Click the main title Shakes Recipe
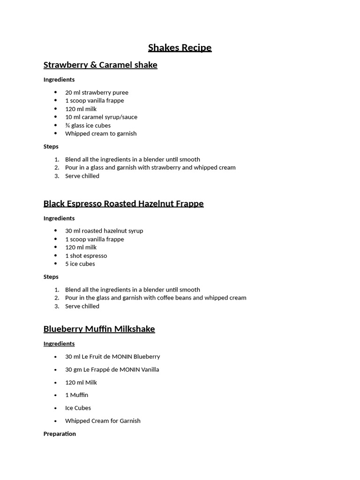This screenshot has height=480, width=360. click(x=180, y=48)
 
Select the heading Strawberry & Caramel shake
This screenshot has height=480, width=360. click(x=100, y=65)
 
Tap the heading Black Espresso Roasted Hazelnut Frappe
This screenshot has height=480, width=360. click(x=123, y=204)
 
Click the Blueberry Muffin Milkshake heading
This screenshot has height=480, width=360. click(x=99, y=329)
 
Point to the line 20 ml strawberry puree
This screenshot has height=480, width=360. click(x=97, y=93)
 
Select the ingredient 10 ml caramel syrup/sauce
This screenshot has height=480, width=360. click(x=101, y=117)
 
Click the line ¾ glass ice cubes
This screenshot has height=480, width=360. click(x=88, y=126)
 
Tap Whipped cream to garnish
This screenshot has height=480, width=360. click(x=101, y=134)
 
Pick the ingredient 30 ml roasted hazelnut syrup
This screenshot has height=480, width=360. click(x=104, y=231)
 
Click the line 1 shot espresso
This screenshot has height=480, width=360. click(x=86, y=256)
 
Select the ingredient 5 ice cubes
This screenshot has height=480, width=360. click(x=80, y=264)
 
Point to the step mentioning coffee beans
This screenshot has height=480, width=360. click(x=156, y=298)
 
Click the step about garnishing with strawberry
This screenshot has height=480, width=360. click(x=150, y=168)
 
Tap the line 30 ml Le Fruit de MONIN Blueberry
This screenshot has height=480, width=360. click(x=112, y=357)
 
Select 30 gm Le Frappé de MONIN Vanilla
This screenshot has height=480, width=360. click(x=112, y=370)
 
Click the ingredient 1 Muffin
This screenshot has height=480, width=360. click(x=76, y=395)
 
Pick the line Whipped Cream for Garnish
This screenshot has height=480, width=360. click(x=103, y=421)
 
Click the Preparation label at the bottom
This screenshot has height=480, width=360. click(x=60, y=434)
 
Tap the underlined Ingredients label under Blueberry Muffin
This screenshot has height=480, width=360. click(x=59, y=344)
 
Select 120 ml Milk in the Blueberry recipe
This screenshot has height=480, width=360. click(x=81, y=382)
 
